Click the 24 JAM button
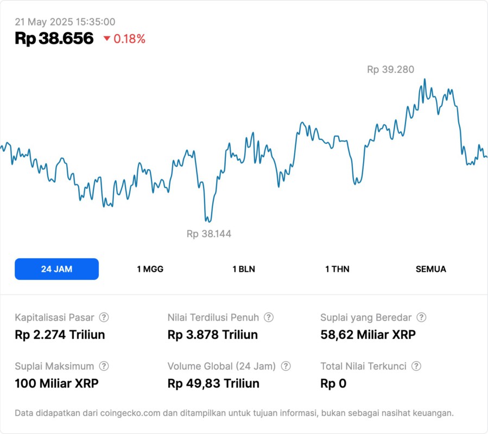56,269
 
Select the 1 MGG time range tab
150,269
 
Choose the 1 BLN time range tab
244,269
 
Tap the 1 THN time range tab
337,269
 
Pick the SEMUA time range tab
431,269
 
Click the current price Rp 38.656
54,39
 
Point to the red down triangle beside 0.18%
106,39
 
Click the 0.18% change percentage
129,39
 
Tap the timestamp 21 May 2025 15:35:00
65,22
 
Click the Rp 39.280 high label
390,69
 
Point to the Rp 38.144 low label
209,234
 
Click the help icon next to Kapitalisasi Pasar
104,317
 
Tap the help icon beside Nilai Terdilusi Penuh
269,317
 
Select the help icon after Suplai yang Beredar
421,317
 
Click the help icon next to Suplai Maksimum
104,366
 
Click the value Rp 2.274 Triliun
60,335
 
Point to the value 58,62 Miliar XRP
368,335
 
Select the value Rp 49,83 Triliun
213,384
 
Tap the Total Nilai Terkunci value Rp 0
333,384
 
